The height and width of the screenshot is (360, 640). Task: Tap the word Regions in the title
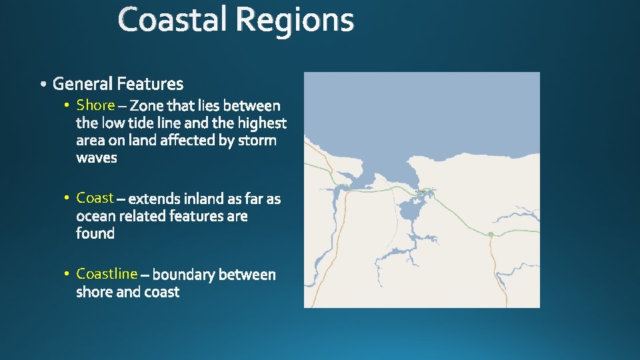tap(294, 21)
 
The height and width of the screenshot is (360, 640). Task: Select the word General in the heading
tap(83, 84)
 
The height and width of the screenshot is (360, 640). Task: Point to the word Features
tap(149, 84)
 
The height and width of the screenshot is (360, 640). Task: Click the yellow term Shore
tap(95, 105)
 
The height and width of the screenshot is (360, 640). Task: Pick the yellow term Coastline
tap(107, 273)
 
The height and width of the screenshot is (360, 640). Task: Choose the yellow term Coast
tap(95, 198)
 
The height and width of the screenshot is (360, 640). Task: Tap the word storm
tap(257, 141)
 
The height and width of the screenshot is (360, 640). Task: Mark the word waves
tap(97, 158)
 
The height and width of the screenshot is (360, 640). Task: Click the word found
tap(95, 233)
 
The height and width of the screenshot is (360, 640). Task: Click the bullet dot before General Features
tap(43, 85)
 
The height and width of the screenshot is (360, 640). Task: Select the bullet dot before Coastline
tap(67, 274)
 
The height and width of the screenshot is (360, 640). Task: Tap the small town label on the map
tap(421, 191)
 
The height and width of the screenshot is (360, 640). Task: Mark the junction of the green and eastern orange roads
tap(490, 234)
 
